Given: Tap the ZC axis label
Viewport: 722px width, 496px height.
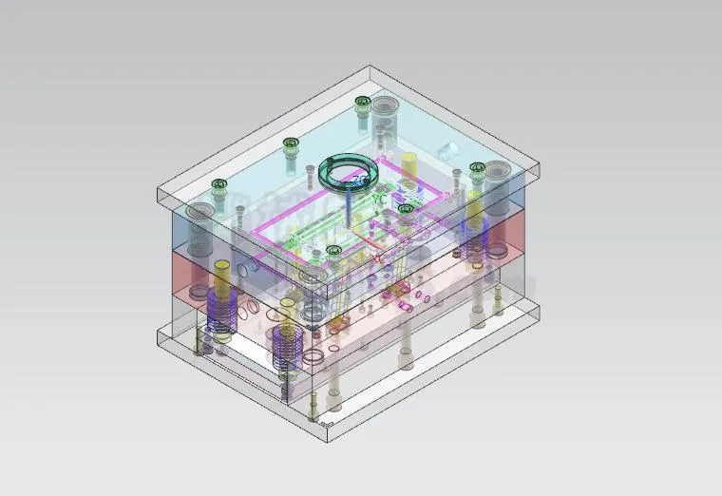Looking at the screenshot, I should [x=360, y=180].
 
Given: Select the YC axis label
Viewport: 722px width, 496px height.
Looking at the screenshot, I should [x=379, y=200].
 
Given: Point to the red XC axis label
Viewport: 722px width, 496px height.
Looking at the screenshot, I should [x=377, y=257].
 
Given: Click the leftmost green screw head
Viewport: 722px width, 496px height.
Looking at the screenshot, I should [x=220, y=183].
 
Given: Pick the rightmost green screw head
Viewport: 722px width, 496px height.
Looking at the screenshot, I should [x=477, y=168].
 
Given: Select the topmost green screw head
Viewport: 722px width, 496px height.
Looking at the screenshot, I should [x=361, y=102].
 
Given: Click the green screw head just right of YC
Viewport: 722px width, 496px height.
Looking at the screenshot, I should [x=406, y=208].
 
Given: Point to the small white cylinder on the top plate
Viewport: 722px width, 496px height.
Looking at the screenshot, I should [x=448, y=150].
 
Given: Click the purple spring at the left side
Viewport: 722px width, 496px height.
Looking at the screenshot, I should [x=220, y=312].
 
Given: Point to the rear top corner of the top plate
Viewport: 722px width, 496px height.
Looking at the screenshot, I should [x=370, y=66].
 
